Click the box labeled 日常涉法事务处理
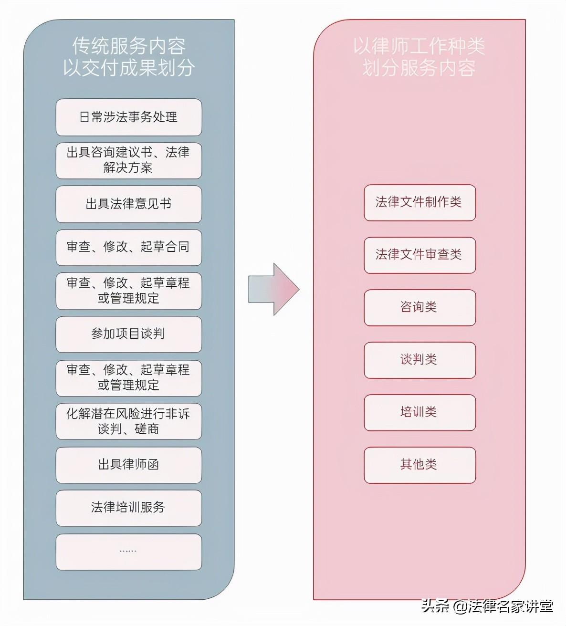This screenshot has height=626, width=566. point(129,117)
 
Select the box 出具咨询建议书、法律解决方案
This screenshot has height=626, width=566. point(129,160)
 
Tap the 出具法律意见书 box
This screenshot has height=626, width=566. point(129,204)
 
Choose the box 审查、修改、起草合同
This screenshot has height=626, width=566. point(129,247)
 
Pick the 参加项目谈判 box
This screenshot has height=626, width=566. point(129,334)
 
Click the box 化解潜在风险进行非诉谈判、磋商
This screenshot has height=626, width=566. point(129,422)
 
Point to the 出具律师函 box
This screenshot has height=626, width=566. point(129,465)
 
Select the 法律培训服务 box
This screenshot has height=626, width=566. point(129,508)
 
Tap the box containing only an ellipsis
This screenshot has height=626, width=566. point(129,552)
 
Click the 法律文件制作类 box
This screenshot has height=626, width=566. point(419,203)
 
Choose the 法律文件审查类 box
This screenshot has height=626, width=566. point(419,255)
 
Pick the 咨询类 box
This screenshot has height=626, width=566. point(419,308)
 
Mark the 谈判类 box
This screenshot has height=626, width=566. point(419,360)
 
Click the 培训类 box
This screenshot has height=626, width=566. point(419,413)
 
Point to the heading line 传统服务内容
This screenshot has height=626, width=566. point(129,46)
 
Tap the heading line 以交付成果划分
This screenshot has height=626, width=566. point(129,68)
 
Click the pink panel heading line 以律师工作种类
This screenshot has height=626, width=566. point(419,46)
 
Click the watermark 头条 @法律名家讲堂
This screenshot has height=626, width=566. point(487,606)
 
